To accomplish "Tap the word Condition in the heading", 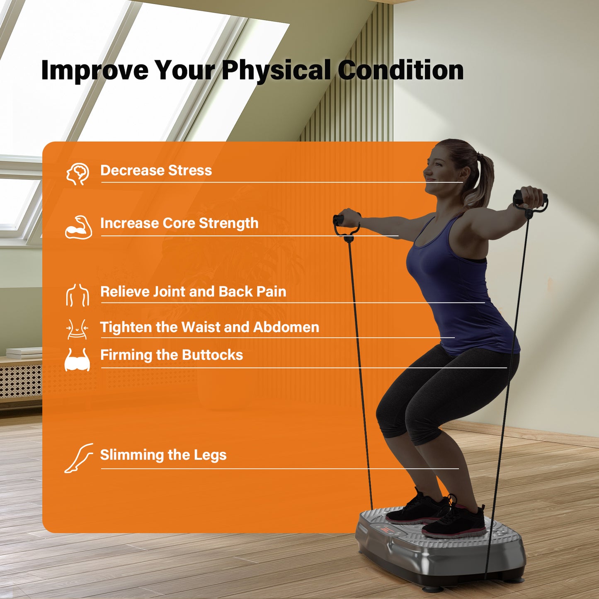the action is click(401, 70).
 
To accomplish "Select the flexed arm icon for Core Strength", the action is click(79, 228).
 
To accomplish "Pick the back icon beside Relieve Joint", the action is click(78, 295).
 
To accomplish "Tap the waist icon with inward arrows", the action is click(77, 329).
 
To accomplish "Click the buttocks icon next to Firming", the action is click(77, 359).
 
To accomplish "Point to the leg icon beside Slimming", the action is click(79, 458).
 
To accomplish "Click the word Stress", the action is click(190, 170).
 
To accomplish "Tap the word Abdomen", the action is click(286, 327).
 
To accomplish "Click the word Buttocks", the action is click(213, 355).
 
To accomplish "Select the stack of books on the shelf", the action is click(24, 352).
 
